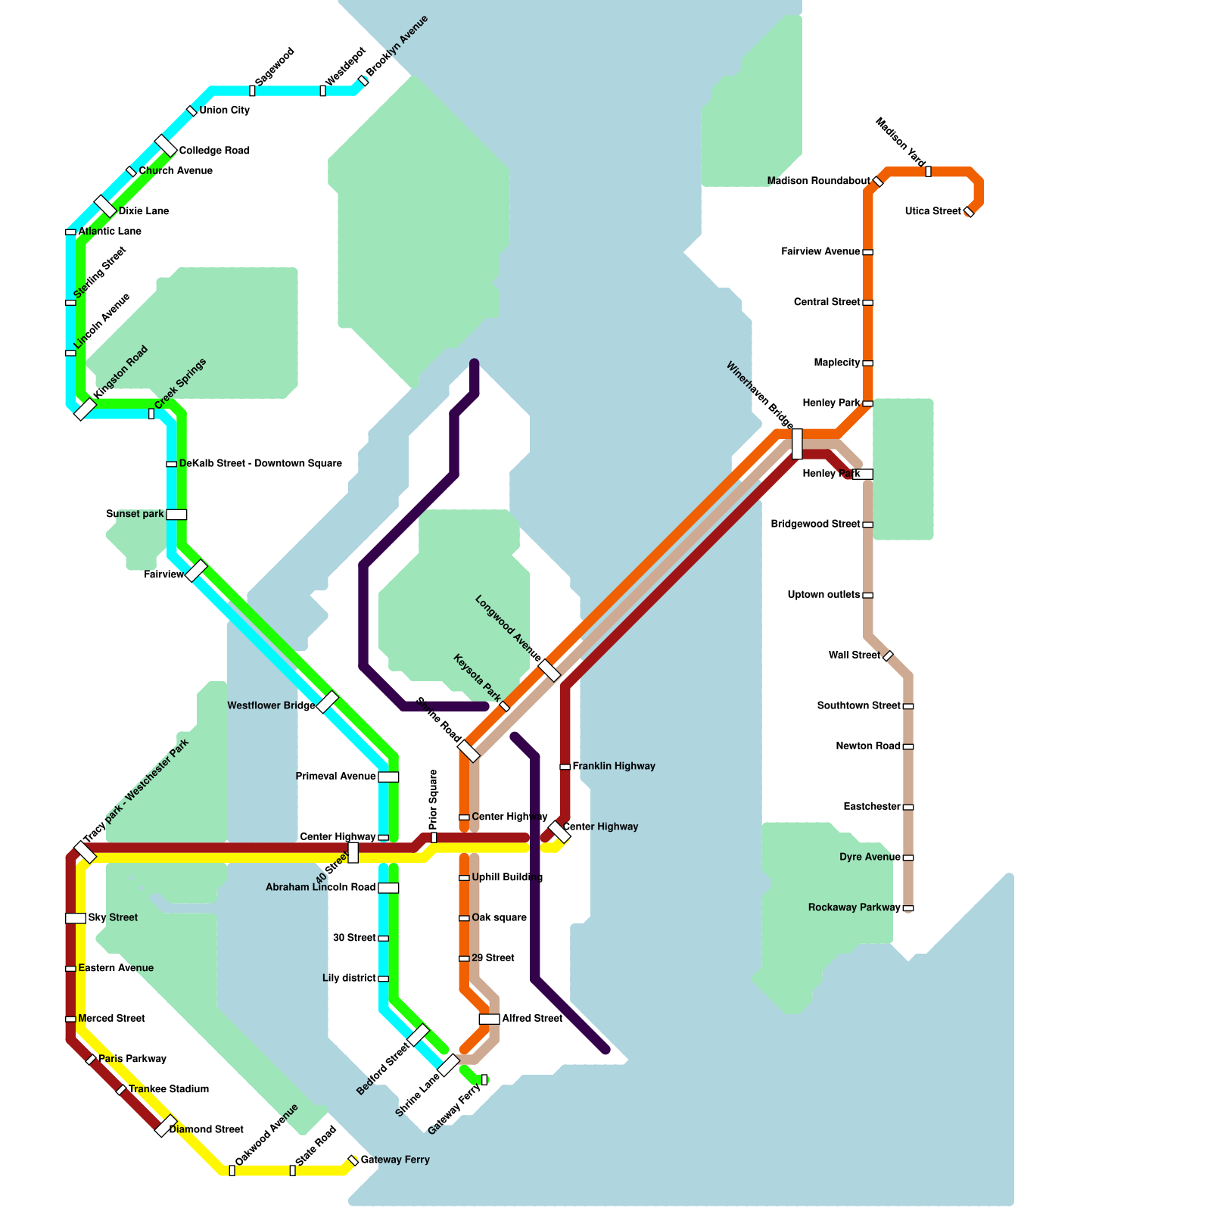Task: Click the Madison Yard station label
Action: click(900, 142)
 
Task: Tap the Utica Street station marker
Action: click(969, 212)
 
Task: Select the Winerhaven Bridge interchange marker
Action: click(797, 444)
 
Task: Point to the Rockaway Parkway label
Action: click(854, 907)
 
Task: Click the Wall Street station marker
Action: click(888, 656)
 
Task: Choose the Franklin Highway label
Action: click(614, 767)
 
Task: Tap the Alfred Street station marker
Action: click(489, 1019)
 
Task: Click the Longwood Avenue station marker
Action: click(549, 670)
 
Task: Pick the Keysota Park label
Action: click(477, 677)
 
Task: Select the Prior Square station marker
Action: click(434, 837)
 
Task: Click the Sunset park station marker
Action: click(176, 515)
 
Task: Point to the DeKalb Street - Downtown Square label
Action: click(260, 463)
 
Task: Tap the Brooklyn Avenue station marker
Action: click(363, 80)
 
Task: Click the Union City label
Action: click(224, 111)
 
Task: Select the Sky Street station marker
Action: click(76, 918)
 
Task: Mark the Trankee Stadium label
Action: click(168, 1089)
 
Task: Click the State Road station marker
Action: click(293, 1170)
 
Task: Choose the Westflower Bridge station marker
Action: click(327, 702)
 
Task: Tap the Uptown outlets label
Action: click(823, 595)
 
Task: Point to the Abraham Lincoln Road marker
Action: click(388, 888)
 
